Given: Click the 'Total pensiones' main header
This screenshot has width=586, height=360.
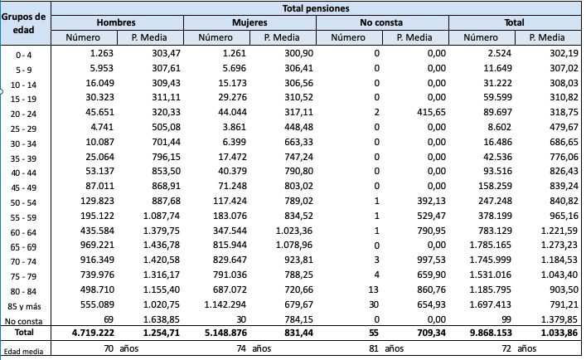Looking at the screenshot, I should [x=315, y=7].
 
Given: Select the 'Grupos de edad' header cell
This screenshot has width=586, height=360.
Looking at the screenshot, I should [x=24, y=23].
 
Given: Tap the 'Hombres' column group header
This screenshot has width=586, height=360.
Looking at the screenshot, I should [x=116, y=22].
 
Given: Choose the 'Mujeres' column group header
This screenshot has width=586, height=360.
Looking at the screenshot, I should [x=249, y=22].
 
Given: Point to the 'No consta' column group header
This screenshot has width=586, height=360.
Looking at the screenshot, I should [x=382, y=22].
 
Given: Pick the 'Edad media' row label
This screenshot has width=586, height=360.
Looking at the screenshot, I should [x=24, y=351].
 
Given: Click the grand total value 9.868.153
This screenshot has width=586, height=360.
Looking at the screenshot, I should [x=489, y=334].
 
